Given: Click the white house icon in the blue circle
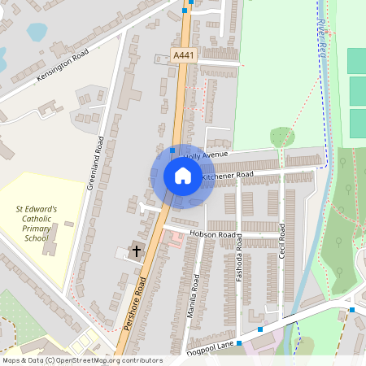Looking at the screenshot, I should (x=182, y=175).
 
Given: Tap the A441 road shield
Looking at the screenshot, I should (x=184, y=54).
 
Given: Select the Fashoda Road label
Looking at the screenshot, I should (x=239, y=258).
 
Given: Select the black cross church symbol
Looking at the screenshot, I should (x=137, y=250).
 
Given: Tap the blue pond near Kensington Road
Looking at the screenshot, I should (x=37, y=32).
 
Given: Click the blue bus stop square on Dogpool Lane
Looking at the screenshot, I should (x=260, y=329).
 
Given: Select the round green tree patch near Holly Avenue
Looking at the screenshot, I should (x=282, y=136).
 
